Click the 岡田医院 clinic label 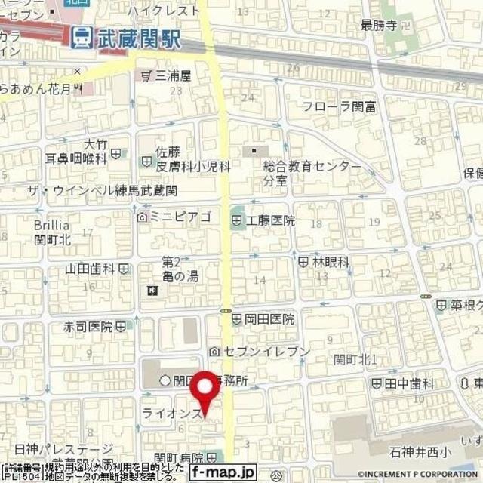pyautogui.click(x=268, y=318)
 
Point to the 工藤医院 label pyautogui.click(x=268, y=221)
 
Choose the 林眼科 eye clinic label pyautogui.click(x=330, y=262)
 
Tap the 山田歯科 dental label pyautogui.click(x=90, y=269)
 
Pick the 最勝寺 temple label pyautogui.click(x=378, y=25)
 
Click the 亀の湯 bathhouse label pyautogui.click(x=174, y=277)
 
